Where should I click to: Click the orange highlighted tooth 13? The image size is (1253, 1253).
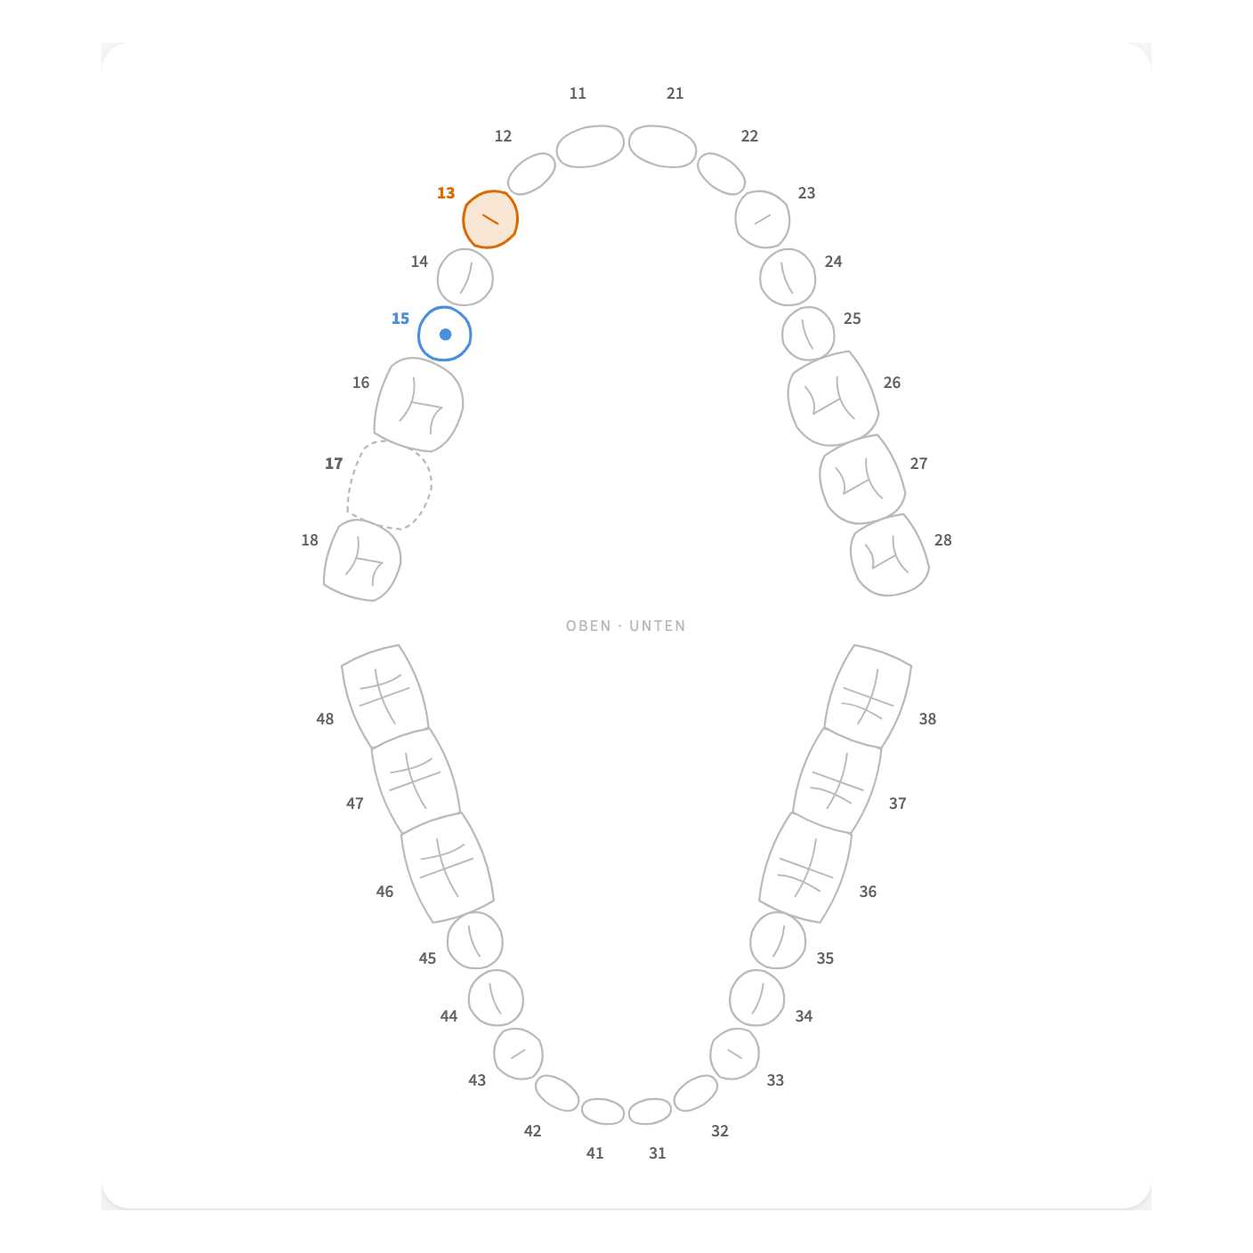[490, 219]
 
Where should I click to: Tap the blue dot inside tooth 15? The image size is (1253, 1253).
[446, 335]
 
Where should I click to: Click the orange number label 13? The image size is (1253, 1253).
[446, 193]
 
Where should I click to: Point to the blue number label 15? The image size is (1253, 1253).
[400, 319]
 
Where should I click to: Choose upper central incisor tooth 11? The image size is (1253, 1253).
[590, 146]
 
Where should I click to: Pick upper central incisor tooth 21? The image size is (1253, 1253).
[663, 146]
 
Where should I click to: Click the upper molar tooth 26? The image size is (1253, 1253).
[833, 399]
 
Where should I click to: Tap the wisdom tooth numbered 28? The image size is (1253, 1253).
[890, 554]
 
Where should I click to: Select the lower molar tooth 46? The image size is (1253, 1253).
[448, 868]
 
